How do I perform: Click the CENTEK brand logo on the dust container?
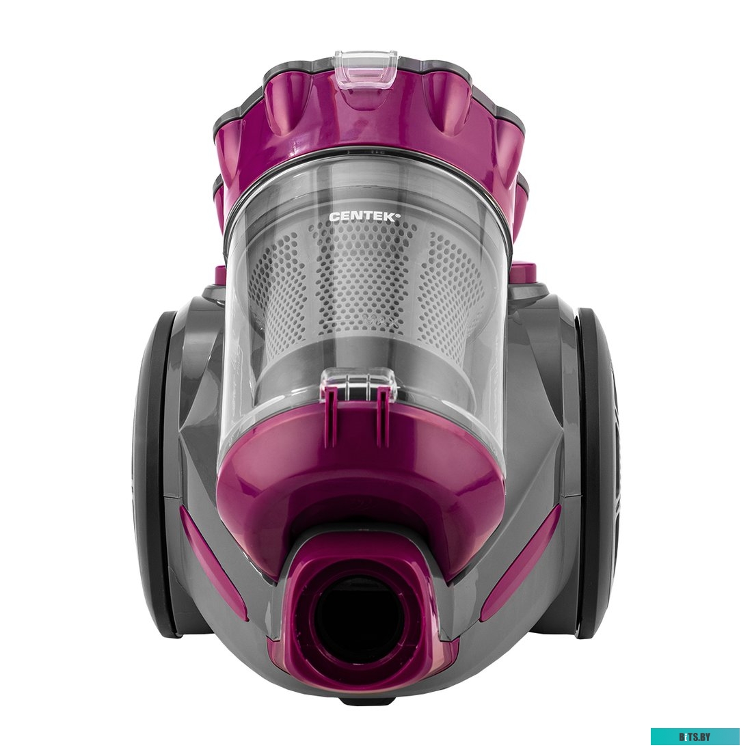[x=364, y=216]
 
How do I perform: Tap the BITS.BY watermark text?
[x=695, y=736]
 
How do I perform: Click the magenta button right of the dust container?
[x=525, y=272]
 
